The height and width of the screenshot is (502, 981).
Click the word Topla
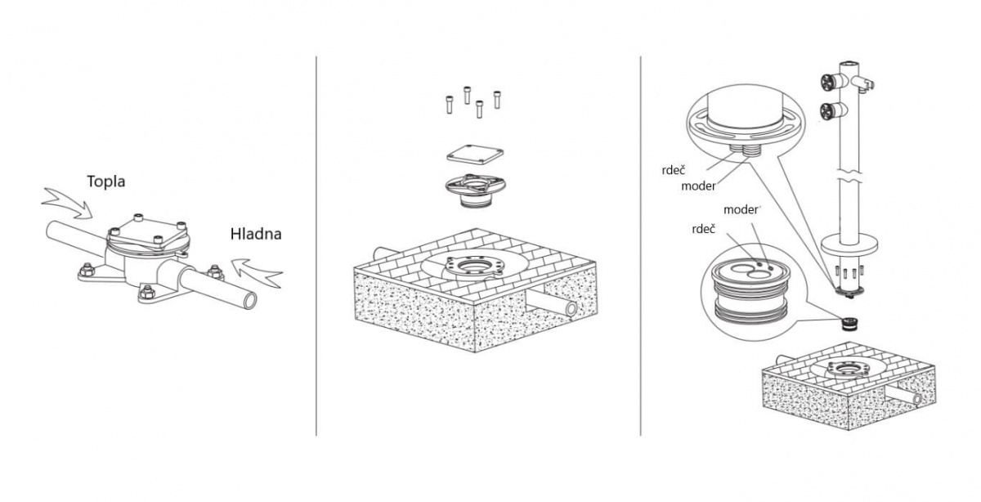(106, 182)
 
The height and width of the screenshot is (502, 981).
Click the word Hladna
(256, 234)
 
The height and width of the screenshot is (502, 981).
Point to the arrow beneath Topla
(68, 203)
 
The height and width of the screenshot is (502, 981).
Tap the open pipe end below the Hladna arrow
(249, 302)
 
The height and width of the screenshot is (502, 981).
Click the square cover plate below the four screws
(475, 155)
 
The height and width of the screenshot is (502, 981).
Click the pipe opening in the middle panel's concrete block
(571, 309)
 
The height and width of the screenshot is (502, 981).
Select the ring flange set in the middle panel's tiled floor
(475, 266)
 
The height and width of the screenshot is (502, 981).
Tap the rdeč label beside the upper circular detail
(674, 170)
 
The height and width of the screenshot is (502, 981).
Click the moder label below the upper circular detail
(698, 186)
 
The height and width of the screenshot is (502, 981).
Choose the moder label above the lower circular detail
(741, 210)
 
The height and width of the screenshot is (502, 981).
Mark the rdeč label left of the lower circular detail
(704, 229)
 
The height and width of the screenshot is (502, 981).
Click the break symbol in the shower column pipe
(849, 175)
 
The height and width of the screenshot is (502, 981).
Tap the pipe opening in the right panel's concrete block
(916, 399)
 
